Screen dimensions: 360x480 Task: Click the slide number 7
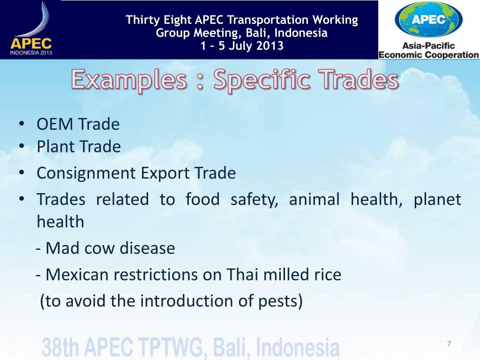[449, 344]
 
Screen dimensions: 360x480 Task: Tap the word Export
[165, 173]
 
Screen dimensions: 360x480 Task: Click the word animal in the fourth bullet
[314, 200]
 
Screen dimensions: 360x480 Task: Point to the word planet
[437, 200]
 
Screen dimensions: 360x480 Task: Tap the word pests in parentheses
[279, 300]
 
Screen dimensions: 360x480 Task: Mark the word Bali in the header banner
[257, 33]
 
